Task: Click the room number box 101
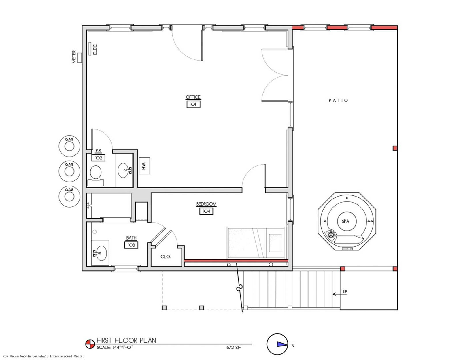193,104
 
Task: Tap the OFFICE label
193,97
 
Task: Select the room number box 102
99,158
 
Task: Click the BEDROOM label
206,204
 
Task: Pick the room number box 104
206,211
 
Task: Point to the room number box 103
131,245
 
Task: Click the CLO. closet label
165,257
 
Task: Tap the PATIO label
338,100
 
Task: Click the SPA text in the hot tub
345,221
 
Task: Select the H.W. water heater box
144,166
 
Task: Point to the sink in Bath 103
100,253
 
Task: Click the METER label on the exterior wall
74,57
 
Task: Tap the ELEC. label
95,49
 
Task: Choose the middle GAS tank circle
69,171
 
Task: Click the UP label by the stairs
345,291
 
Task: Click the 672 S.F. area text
234,348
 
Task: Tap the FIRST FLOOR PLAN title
126,340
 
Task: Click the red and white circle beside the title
90,344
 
